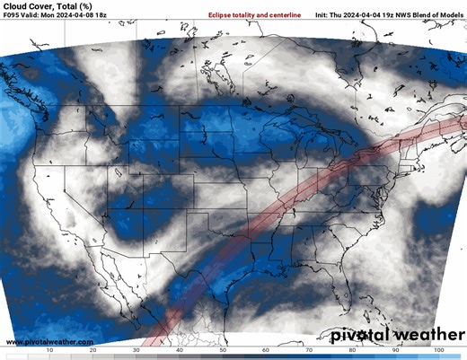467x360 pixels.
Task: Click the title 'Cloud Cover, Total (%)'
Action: [x=47, y=6]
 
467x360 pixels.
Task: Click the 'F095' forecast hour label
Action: [x=12, y=16]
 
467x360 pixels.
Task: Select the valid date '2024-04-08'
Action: [x=83, y=16]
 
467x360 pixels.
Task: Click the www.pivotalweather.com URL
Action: [x=49, y=342]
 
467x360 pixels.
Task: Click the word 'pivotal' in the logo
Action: [x=359, y=336]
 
